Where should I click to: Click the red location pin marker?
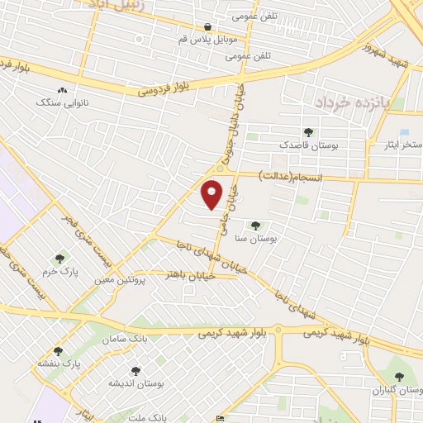[x=212, y=194]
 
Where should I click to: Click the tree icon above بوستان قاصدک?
[x=308, y=131]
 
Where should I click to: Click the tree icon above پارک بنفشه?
[x=58, y=351]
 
